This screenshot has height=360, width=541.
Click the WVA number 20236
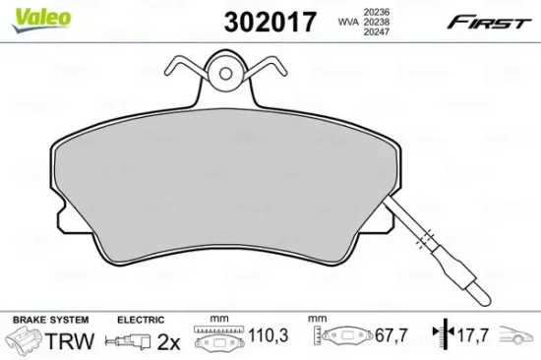click(x=374, y=8)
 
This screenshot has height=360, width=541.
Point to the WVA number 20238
click(x=374, y=20)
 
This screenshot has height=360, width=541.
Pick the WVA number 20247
click(x=374, y=31)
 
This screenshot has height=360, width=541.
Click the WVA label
click(x=347, y=20)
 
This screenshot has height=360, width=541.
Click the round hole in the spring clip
click(x=225, y=73)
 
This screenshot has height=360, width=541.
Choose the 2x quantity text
click(x=169, y=343)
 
